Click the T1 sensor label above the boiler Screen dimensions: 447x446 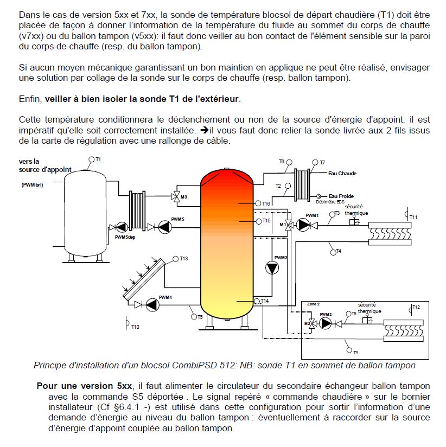[x=98, y=159]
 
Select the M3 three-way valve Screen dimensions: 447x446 [x=176, y=196]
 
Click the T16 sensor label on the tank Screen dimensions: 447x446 [x=266, y=203]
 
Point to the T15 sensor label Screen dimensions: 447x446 [x=266, y=221]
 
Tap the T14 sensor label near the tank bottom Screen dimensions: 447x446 [x=264, y=301]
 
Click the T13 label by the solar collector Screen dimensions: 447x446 [x=184, y=259]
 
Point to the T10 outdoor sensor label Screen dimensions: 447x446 [x=135, y=327]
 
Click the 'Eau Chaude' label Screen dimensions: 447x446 [x=342, y=174]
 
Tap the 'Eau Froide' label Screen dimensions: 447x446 [x=341, y=196]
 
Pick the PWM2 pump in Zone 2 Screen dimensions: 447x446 [x=325, y=323]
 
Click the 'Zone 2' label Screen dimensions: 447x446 [x=315, y=304]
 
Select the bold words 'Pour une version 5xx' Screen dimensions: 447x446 [x=84, y=386]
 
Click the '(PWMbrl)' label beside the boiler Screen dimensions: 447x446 [x=33, y=186]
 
